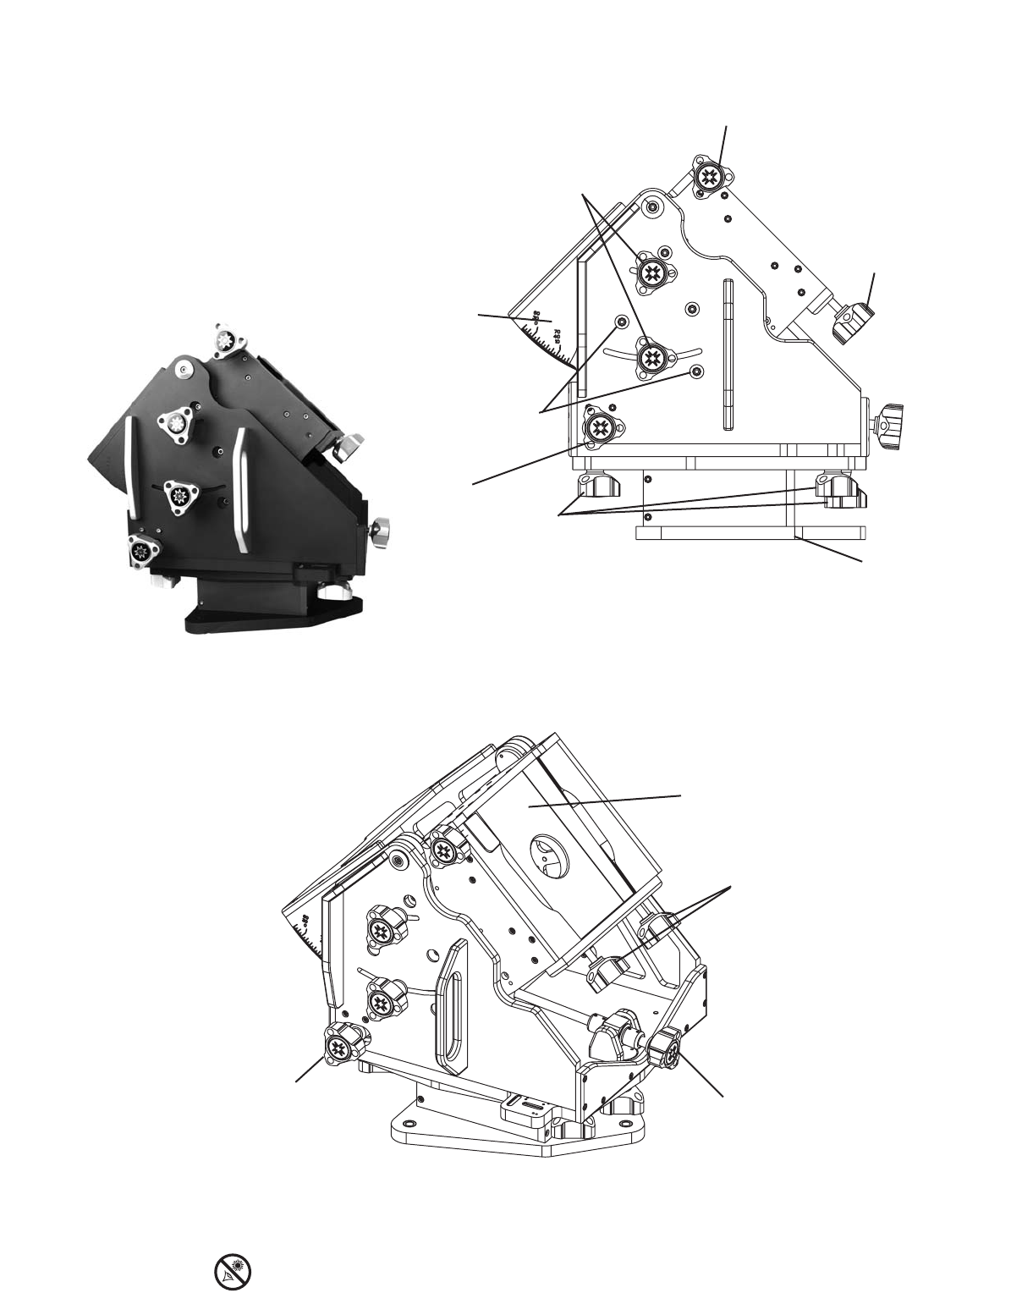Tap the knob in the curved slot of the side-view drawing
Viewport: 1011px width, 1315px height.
click(x=651, y=357)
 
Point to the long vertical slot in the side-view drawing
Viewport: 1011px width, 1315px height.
click(x=726, y=355)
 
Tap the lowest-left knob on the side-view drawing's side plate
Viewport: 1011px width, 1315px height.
click(x=600, y=427)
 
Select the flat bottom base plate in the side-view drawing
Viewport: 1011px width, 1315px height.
click(x=750, y=532)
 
